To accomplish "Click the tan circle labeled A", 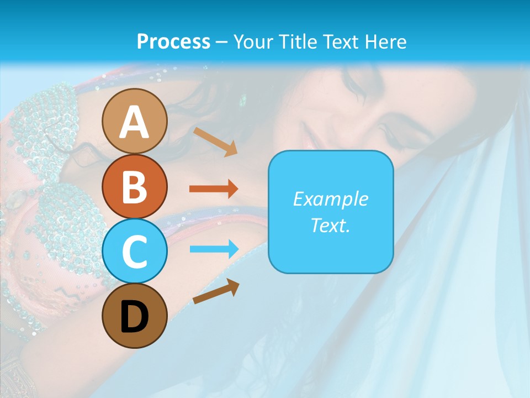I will (134, 121).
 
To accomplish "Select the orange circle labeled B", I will (134, 186).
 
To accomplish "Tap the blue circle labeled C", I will (134, 251).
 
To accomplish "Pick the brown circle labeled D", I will (134, 316).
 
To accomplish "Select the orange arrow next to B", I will (213, 189).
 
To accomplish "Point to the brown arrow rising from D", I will (216, 291).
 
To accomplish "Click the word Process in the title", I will (173, 41).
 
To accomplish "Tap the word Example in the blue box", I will (330, 199).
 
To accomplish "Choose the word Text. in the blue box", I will (330, 225).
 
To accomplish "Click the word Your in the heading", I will (254, 41).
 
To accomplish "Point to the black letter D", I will (134, 317).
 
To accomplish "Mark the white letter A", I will (134, 122).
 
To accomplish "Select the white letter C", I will (134, 252).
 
